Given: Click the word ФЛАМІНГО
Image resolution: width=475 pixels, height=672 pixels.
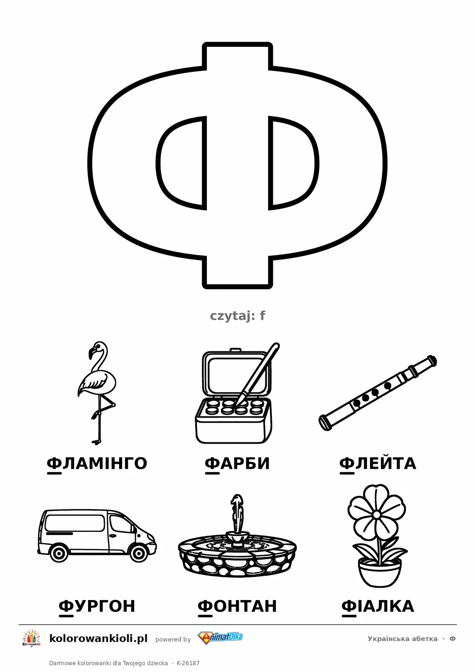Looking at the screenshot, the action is [97, 464].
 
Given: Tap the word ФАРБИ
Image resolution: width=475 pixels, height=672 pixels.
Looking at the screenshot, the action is [237, 464].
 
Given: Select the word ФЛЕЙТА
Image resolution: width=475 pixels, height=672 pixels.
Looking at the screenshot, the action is [378, 464].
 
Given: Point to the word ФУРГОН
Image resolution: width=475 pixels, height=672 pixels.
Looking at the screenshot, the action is [97, 606].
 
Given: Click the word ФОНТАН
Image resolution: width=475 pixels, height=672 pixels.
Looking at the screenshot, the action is [237, 606].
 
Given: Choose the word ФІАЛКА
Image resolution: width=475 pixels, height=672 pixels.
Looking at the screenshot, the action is [378, 606].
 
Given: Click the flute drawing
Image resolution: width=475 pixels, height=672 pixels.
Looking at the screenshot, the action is [378, 393].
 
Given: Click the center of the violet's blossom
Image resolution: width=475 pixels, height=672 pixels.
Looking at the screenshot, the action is [377, 515].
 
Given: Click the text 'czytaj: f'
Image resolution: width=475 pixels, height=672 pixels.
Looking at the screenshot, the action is [237, 316].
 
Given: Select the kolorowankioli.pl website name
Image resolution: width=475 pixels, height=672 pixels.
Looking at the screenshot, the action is [98, 639].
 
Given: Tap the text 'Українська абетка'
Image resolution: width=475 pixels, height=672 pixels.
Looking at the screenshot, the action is [403, 639].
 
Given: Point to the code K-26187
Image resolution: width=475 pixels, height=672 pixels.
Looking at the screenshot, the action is [188, 663].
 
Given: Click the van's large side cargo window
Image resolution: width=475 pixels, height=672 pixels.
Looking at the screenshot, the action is [75, 523].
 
